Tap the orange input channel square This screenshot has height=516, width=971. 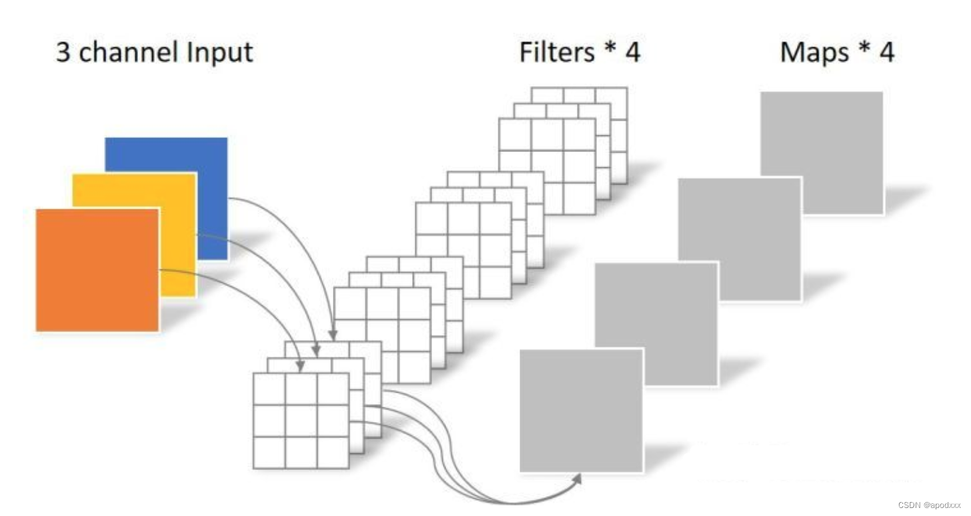coord(97,269)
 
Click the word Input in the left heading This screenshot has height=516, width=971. coord(220,52)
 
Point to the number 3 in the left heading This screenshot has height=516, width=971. coord(63,52)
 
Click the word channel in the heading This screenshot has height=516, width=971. coord(130,52)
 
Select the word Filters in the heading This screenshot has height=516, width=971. coord(558,52)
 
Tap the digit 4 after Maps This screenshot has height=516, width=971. coord(886,52)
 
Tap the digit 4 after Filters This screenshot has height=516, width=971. coord(632,52)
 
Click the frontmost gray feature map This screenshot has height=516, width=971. coord(581,410)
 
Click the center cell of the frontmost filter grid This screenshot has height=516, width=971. coord(301,420)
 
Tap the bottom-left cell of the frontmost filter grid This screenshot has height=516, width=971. coord(269,452)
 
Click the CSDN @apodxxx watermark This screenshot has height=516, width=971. coord(928,505)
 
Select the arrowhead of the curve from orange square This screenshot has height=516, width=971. coord(301,367)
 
